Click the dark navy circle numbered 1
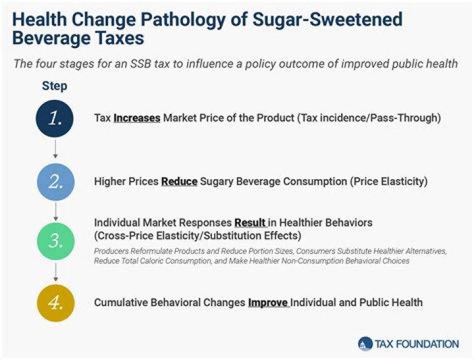pyautogui.click(x=55, y=118)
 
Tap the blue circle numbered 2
pyautogui.click(x=55, y=180)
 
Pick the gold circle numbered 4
pyautogui.click(x=55, y=303)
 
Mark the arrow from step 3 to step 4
pyautogui.click(x=55, y=271)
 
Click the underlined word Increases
pyautogui.click(x=137, y=118)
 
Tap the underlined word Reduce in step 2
pyautogui.click(x=179, y=181)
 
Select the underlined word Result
pyautogui.click(x=250, y=223)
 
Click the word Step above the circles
pyautogui.click(x=55, y=86)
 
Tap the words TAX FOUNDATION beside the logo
pyautogui.click(x=417, y=344)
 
